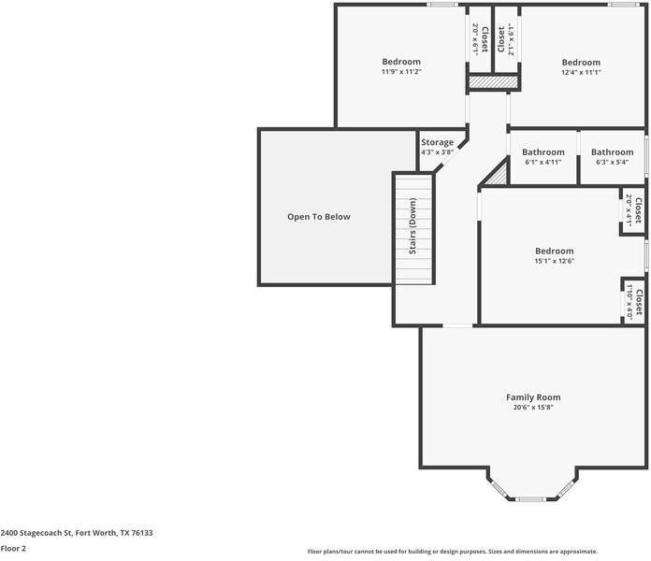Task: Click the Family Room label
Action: pyautogui.click(x=533, y=397)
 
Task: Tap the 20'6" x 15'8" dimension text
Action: pyautogui.click(x=533, y=408)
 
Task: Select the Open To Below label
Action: pyautogui.click(x=319, y=217)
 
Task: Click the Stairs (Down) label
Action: pyautogui.click(x=412, y=226)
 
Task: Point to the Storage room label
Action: pyautogui.click(x=437, y=142)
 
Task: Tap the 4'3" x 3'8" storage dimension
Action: pyautogui.click(x=437, y=152)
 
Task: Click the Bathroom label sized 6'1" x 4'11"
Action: pyautogui.click(x=543, y=151)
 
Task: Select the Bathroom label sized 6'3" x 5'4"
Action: pyautogui.click(x=613, y=151)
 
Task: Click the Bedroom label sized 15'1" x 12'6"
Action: pyautogui.click(x=555, y=251)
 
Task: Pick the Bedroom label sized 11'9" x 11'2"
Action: pyautogui.click(x=401, y=62)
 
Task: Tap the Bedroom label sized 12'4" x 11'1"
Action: pyautogui.click(x=581, y=63)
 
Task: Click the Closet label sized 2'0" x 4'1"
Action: pyautogui.click(x=638, y=210)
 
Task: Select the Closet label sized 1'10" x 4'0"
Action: pyautogui.click(x=639, y=302)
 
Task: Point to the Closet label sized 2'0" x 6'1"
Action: pyautogui.click(x=485, y=39)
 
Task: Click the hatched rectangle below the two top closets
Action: pyautogui.click(x=494, y=81)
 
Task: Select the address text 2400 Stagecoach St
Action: pyautogui.click(x=36, y=533)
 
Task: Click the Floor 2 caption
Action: pyautogui.click(x=13, y=548)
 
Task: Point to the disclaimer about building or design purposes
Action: pyautogui.click(x=453, y=552)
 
